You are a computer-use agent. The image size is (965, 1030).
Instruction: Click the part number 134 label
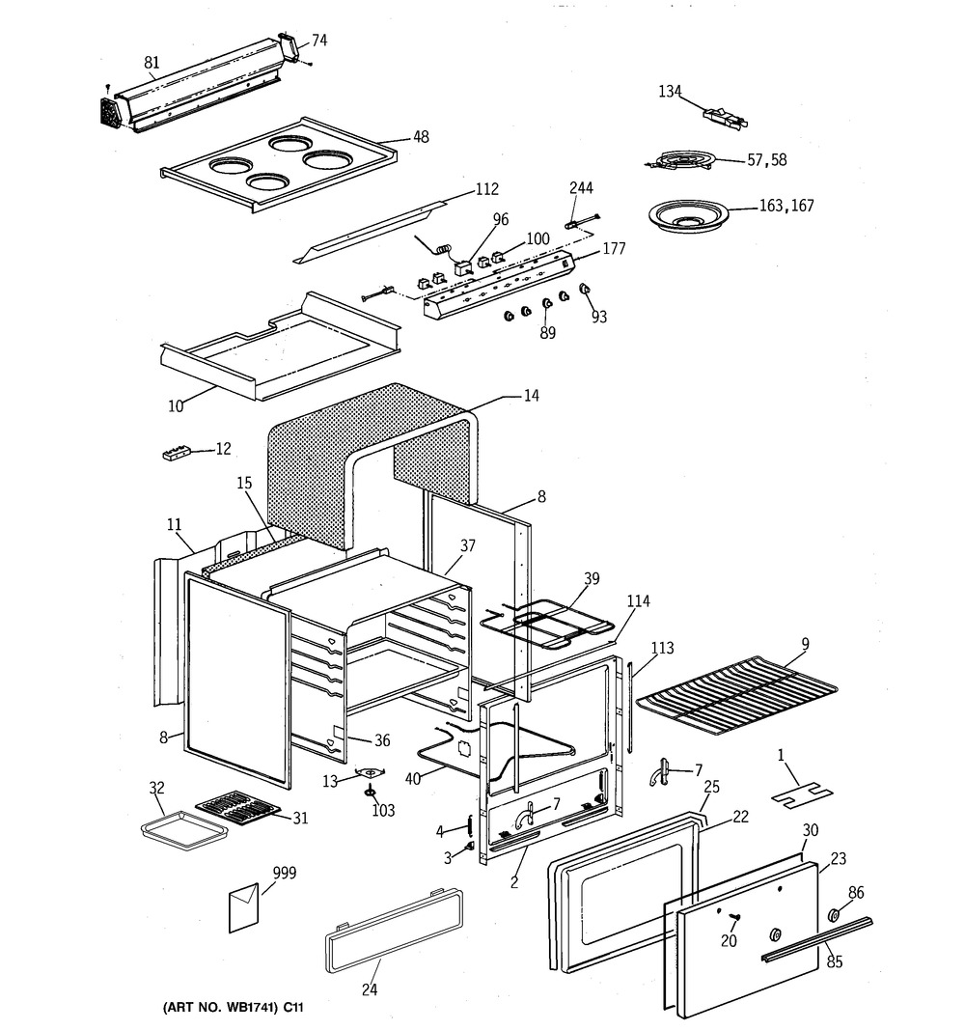[x=671, y=92]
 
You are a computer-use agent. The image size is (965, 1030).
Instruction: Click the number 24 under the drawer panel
[x=370, y=988]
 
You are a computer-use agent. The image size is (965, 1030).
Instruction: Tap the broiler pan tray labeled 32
[x=186, y=830]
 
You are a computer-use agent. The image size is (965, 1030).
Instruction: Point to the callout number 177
[x=614, y=248]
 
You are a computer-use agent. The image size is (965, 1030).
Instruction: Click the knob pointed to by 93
[x=584, y=289]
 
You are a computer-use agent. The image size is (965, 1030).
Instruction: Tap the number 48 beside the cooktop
[x=421, y=137]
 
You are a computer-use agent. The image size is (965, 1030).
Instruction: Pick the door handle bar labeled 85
[x=816, y=936]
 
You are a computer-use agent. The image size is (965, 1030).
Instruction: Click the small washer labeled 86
[x=836, y=915]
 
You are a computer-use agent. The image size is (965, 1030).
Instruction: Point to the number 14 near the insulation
[x=531, y=396]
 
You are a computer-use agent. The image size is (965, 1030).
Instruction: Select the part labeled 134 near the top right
[x=726, y=116]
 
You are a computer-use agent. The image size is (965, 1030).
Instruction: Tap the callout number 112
[x=487, y=189]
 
